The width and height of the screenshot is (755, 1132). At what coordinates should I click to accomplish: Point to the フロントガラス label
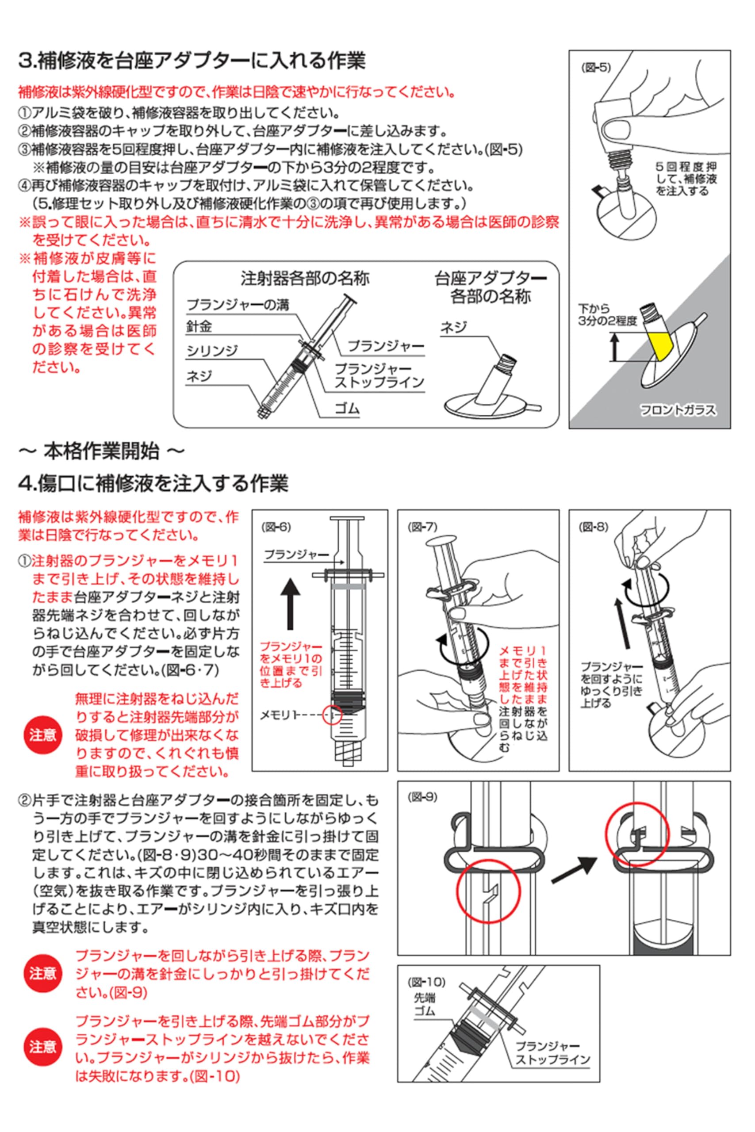(678, 410)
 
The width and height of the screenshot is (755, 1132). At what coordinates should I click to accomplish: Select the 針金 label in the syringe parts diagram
(199, 327)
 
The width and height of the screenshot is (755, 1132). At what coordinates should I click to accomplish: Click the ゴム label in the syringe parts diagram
(347, 409)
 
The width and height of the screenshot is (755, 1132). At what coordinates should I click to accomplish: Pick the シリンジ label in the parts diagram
(212, 351)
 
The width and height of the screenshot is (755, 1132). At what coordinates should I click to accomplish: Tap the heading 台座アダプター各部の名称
(490, 287)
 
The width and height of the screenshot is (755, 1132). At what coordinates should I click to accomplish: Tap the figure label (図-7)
(422, 527)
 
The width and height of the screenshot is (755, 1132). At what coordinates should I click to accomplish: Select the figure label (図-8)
(593, 527)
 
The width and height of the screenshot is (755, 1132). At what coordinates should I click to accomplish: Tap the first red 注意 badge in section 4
(43, 735)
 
